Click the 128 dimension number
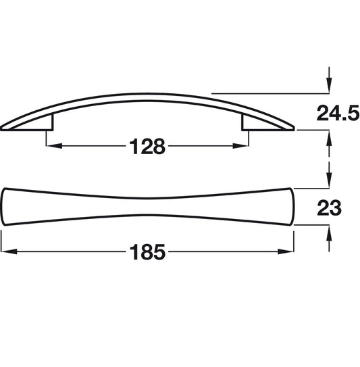[x=147, y=147]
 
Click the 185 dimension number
[x=147, y=253]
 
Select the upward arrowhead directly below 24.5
[x=328, y=138]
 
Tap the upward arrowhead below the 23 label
[x=328, y=234]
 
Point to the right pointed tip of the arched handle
[x=292, y=126]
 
